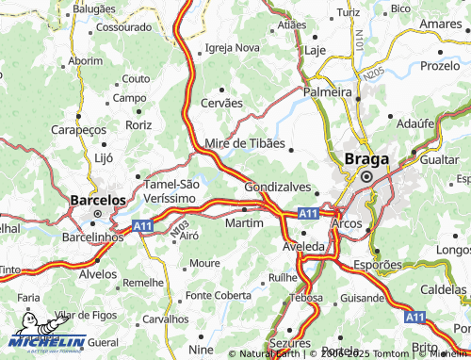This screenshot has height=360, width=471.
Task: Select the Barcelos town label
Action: point(98,200)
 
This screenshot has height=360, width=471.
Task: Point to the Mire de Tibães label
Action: point(245,143)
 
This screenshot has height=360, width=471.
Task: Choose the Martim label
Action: point(244,222)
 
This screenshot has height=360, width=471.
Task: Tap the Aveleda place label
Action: point(303,246)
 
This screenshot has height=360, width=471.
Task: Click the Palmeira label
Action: point(327,92)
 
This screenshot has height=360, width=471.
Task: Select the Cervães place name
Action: point(222,103)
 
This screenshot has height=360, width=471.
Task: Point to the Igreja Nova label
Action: point(232,47)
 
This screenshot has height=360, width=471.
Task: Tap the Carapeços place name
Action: point(76,129)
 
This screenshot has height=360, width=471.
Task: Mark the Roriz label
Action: point(138,123)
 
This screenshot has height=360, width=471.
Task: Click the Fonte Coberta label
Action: point(219,295)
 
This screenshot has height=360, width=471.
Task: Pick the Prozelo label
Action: point(439,66)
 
